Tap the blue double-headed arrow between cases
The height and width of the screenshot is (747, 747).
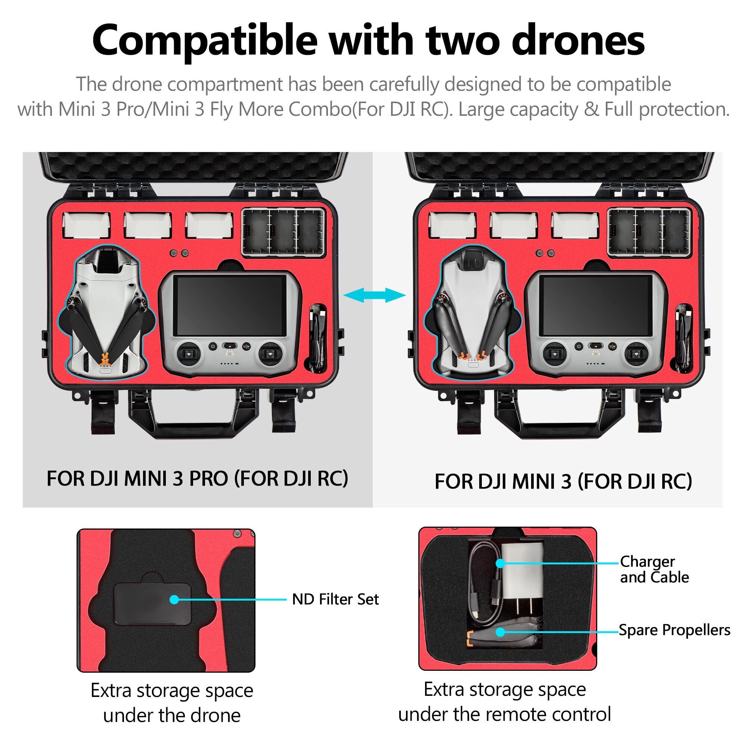pyautogui.click(x=374, y=296)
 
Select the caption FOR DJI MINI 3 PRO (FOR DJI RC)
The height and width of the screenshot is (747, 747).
pyautogui.click(x=197, y=479)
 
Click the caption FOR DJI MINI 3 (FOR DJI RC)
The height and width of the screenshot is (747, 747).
pyautogui.click(x=563, y=481)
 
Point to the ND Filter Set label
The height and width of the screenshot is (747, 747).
pyautogui.click(x=335, y=599)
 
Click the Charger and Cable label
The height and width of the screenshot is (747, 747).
pyautogui.click(x=654, y=569)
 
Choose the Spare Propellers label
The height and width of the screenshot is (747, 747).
pyautogui.click(x=674, y=630)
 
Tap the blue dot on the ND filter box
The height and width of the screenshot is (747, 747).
pyautogui.click(x=174, y=599)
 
